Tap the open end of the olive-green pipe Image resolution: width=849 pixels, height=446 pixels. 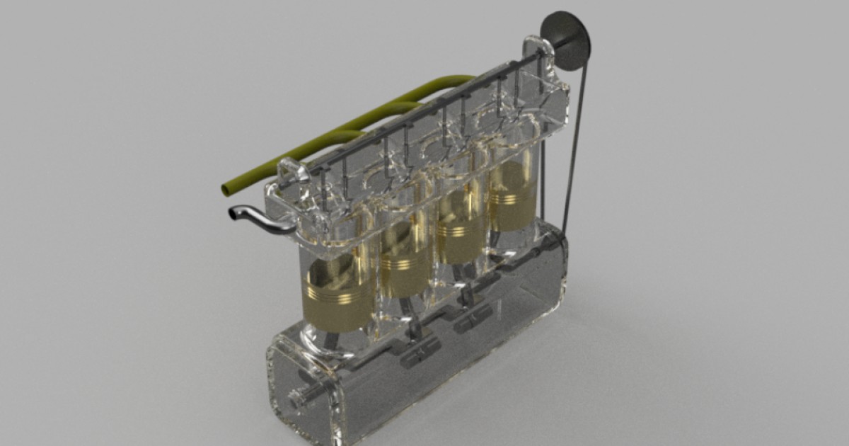[226, 189]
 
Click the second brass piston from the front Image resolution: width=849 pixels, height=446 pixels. [404, 262]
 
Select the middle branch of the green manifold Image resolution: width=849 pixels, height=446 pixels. [396, 107]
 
